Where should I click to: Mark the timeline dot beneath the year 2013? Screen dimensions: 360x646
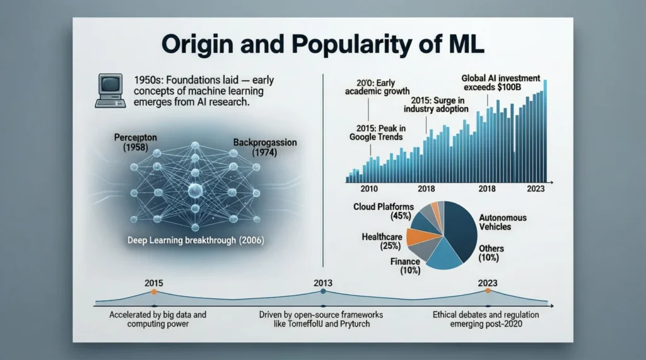click(323, 291)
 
